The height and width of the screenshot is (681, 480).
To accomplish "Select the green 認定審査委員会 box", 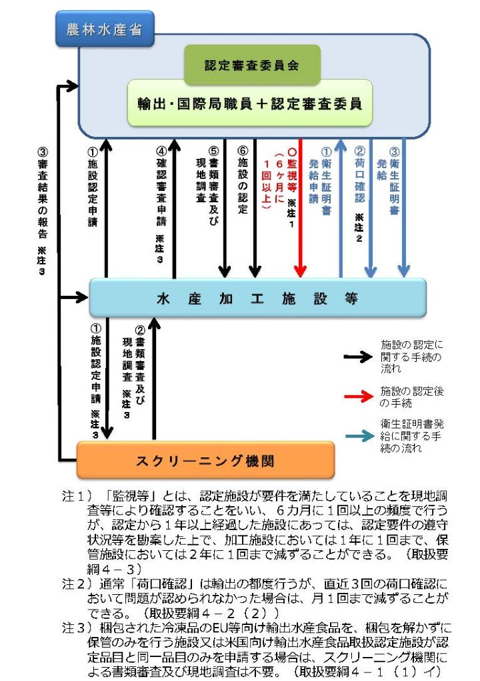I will pyautogui.click(x=251, y=65).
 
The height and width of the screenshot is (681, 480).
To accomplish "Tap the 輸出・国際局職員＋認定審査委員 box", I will pyautogui.click(x=249, y=103).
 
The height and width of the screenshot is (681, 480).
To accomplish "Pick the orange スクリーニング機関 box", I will pyautogui.click(x=205, y=460).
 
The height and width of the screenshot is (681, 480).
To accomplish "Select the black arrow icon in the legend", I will pyautogui.click(x=358, y=357).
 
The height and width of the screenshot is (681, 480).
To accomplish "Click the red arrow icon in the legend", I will pyautogui.click(x=358, y=397).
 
